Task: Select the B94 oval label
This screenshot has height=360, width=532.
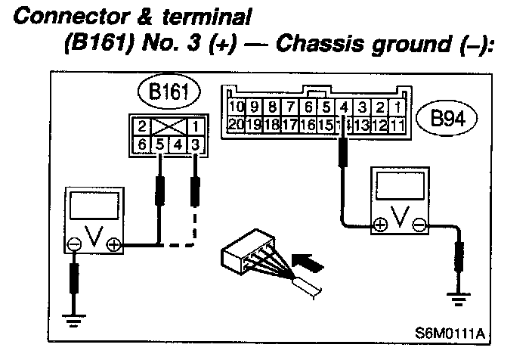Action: click(x=447, y=119)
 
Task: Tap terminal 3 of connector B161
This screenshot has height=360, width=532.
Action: click(x=196, y=142)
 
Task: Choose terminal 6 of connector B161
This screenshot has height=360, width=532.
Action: click(x=141, y=142)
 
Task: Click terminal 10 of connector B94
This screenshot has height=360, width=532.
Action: click(x=237, y=106)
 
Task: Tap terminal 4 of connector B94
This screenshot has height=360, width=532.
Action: click(x=344, y=106)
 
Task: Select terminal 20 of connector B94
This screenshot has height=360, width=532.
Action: click(x=237, y=123)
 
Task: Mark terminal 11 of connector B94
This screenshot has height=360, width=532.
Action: click(x=397, y=123)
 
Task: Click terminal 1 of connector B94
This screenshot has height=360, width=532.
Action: click(x=398, y=106)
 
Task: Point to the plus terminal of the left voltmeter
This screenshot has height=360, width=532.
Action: click(x=114, y=244)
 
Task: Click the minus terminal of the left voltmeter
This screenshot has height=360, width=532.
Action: click(x=74, y=244)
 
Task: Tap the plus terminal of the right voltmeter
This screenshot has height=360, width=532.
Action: click(x=379, y=224)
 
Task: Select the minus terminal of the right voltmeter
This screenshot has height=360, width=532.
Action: click(x=420, y=224)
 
